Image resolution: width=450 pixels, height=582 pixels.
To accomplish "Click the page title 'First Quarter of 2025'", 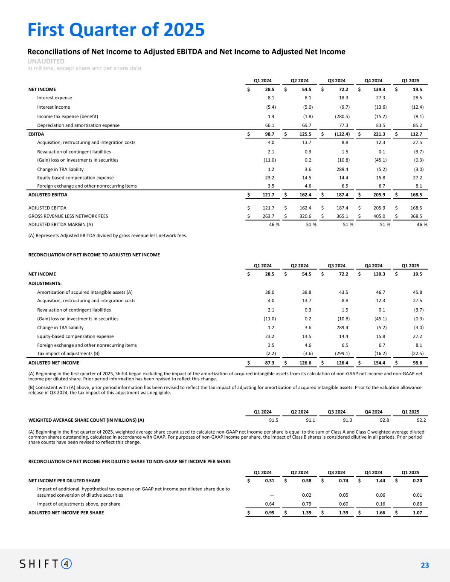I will tap(116, 30).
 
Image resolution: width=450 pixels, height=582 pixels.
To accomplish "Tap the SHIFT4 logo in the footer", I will tap(46, 564).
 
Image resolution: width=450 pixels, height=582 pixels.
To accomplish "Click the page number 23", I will tap(424, 565).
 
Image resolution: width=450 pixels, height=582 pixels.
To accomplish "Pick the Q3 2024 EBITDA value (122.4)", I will tap(341, 134).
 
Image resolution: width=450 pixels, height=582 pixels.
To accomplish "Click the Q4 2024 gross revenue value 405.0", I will tap(380, 216).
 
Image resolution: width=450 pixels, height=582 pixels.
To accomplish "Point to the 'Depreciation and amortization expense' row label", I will tap(78, 125).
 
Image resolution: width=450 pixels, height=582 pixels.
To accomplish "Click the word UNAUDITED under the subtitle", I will tap(46, 61).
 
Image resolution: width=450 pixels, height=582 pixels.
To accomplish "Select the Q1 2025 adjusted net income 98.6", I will tap(416, 363).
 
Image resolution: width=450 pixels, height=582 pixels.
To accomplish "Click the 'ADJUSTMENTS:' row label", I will tap(45, 283).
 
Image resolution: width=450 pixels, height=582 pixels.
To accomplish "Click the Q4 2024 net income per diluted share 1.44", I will tap(380, 481).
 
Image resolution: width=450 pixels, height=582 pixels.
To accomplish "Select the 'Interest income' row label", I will tap(54, 107).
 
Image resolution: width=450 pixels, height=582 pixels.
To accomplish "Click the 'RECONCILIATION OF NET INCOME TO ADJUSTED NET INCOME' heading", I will tap(94, 255).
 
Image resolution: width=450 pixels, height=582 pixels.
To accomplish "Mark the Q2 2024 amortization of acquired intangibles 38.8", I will tap(306, 292).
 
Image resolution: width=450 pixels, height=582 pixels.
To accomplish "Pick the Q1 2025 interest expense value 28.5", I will tap(416, 98).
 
